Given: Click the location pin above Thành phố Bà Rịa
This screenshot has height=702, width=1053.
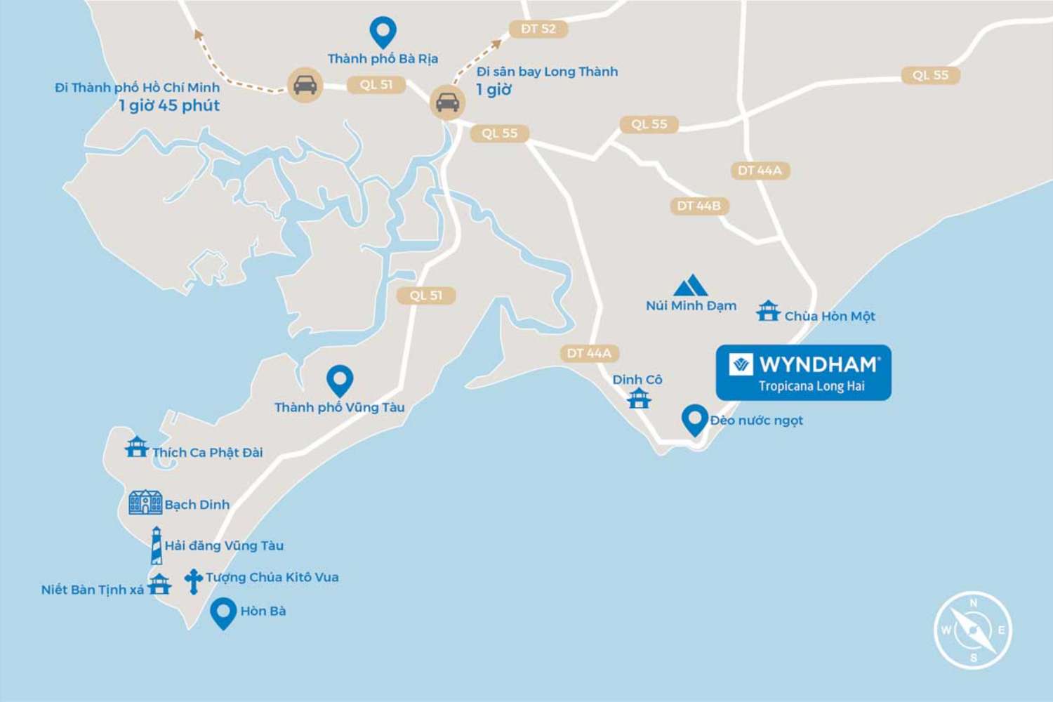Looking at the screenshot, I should (383, 32).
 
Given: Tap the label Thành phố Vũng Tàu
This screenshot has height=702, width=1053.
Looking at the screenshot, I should (339, 407).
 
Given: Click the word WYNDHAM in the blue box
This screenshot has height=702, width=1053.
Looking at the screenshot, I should (819, 364).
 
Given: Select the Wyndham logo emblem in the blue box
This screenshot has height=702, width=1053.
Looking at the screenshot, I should (741, 365).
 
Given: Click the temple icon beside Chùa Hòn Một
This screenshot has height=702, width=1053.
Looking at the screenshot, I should (768, 311).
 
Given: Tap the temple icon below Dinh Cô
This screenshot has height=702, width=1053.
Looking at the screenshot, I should (639, 399).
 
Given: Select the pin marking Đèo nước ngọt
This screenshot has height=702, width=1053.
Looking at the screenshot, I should (694, 420).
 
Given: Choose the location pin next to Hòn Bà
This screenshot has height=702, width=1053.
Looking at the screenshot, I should (223, 612).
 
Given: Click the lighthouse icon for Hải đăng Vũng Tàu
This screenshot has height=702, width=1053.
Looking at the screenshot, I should (157, 545).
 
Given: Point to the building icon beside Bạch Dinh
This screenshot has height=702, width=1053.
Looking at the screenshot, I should (145, 503).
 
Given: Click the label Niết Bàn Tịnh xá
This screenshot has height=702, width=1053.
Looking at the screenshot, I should (92, 590).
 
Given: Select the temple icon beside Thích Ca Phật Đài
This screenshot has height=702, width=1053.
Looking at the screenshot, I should (136, 446).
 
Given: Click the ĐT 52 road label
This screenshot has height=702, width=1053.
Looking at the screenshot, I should (538, 29).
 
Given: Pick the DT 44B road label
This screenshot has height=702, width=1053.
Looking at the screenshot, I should (698, 206).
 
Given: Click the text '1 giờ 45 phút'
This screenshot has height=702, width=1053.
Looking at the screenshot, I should (169, 106).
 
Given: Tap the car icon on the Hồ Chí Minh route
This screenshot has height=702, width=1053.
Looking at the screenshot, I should (305, 84).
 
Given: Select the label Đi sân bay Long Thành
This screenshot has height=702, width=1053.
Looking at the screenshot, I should (547, 72).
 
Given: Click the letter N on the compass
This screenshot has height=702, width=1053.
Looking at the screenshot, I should (973, 603).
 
